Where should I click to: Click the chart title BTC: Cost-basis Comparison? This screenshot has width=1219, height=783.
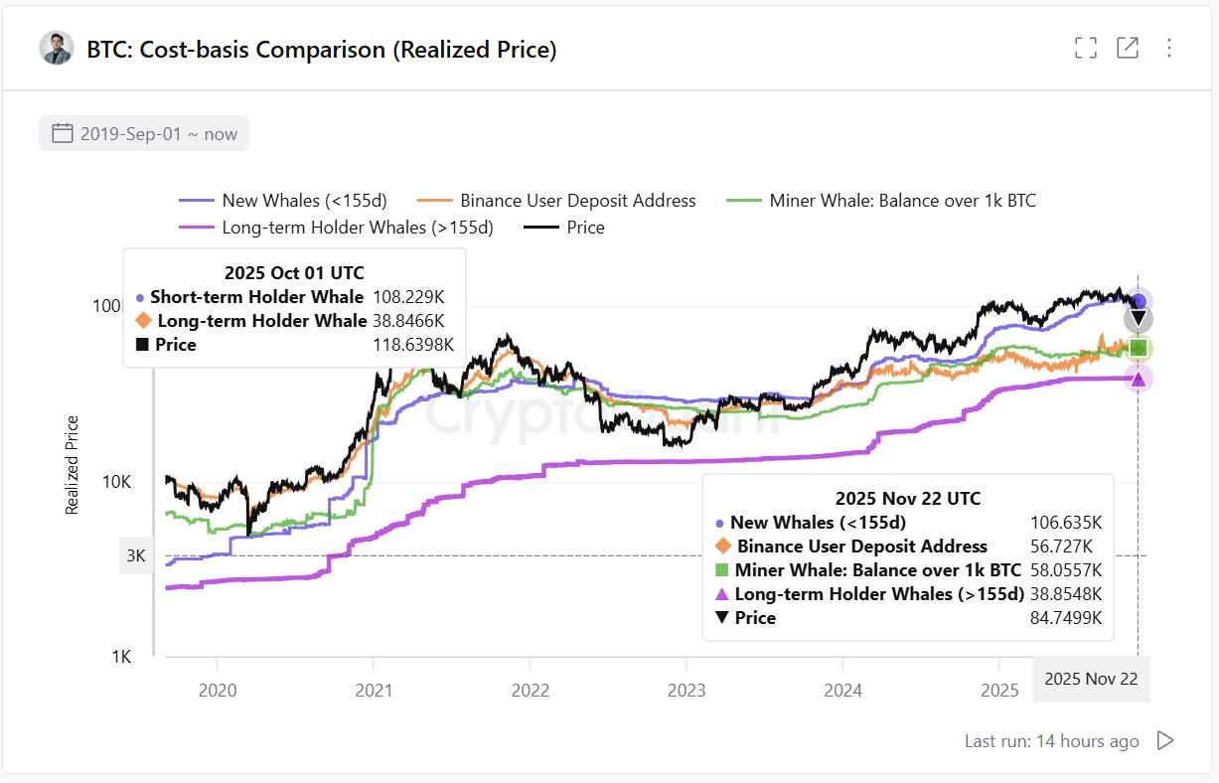[x=321, y=49]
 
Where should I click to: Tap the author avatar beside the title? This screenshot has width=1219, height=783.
[x=57, y=48]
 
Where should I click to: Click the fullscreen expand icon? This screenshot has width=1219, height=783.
[x=1086, y=48]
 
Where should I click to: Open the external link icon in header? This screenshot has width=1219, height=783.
[x=1128, y=48]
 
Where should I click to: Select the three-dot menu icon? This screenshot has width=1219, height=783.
[x=1169, y=48]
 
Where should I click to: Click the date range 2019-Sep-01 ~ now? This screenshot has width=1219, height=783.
[x=145, y=133]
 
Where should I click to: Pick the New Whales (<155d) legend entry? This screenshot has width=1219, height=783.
[x=283, y=201]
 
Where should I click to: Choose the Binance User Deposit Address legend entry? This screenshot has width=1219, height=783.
[x=557, y=201]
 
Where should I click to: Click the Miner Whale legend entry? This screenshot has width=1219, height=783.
[x=882, y=201]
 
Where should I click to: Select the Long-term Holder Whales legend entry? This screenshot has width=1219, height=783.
[x=337, y=228]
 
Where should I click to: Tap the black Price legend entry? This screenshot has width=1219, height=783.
[x=565, y=228]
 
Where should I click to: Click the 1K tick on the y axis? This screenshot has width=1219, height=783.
[x=121, y=657]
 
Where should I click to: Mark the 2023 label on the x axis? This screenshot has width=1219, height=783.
[x=686, y=691]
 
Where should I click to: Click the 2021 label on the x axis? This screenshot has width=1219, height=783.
[x=373, y=691]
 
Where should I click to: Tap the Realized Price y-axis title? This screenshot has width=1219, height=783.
[x=72, y=465]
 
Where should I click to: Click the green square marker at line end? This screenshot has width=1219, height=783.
[x=1140, y=348]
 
